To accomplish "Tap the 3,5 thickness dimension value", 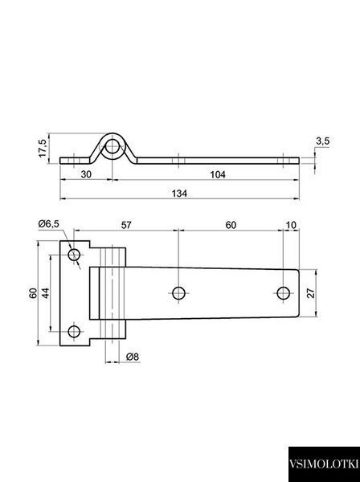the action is [x=322, y=141].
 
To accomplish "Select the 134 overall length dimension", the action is [x=179, y=194].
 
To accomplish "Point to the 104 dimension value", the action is [x=218, y=174].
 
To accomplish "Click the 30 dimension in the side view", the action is [x=86, y=174].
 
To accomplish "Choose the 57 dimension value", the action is [x=126, y=225].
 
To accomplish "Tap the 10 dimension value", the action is [x=291, y=225].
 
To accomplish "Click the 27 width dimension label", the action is [x=311, y=293].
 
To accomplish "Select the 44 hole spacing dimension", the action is [x=45, y=293].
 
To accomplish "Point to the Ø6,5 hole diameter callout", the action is [x=48, y=224].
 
